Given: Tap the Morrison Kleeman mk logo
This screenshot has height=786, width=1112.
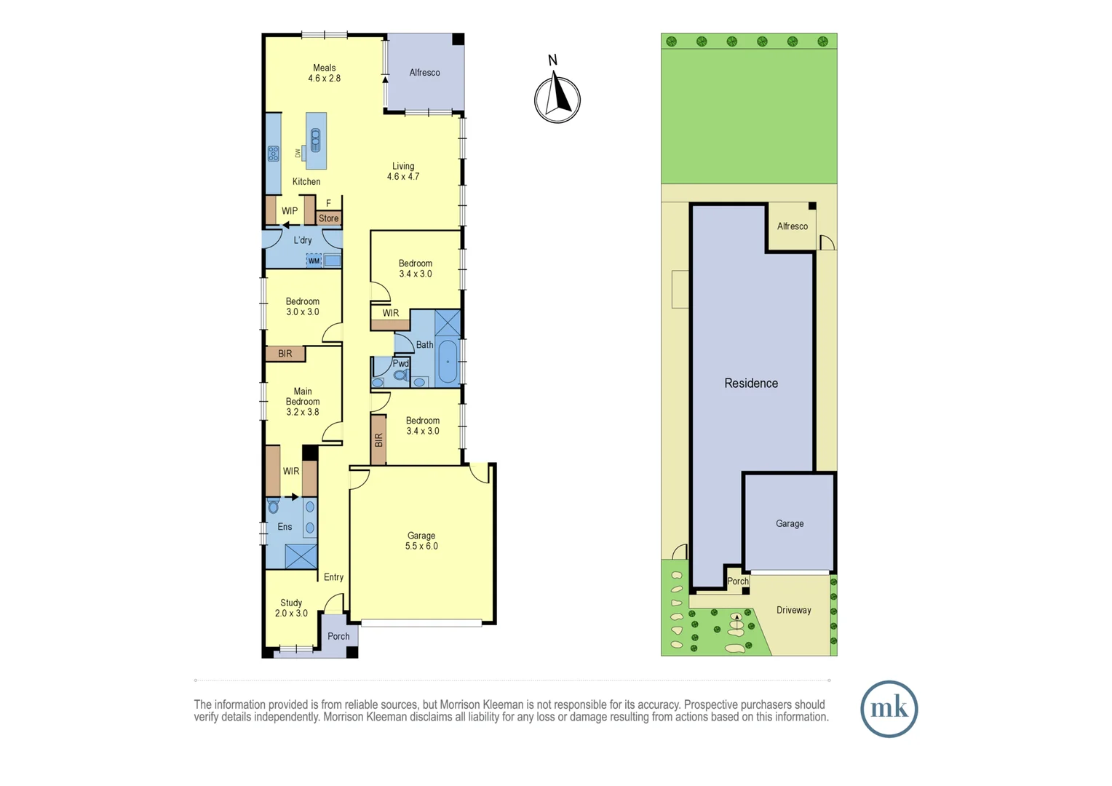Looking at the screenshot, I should click(x=889, y=708).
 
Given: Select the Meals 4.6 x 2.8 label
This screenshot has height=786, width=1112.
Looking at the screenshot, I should click(x=324, y=73).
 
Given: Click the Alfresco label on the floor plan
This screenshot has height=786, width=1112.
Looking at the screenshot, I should click(x=424, y=73).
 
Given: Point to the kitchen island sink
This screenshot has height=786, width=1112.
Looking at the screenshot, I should click(x=315, y=139).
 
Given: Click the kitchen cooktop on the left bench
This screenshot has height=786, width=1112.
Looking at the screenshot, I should click(x=274, y=154).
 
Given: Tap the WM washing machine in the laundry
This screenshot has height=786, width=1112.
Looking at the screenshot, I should click(x=314, y=261).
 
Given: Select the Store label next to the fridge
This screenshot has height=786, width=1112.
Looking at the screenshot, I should click(x=328, y=218).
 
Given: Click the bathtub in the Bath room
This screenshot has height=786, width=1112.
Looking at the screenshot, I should click(x=448, y=362).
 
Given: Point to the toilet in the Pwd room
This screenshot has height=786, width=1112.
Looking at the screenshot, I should click(x=400, y=376).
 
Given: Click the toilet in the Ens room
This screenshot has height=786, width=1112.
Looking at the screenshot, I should click(x=274, y=506).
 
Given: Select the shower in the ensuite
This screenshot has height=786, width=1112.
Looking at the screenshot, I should click(x=301, y=557).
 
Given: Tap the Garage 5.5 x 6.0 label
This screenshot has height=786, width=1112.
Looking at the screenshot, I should click(x=421, y=541).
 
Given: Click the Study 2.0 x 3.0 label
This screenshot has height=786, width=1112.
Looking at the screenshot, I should click(x=291, y=608).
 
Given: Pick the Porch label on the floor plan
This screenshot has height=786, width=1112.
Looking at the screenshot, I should click(x=338, y=636).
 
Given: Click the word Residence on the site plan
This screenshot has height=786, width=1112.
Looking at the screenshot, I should click(x=751, y=384).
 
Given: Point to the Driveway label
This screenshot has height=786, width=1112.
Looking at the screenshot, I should click(x=793, y=610).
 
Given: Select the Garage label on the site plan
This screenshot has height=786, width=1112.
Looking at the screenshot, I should click(x=790, y=523).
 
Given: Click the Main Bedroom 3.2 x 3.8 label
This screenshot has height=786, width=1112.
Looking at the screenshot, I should click(x=303, y=402).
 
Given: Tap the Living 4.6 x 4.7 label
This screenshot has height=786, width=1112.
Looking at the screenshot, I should click(x=403, y=171).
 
